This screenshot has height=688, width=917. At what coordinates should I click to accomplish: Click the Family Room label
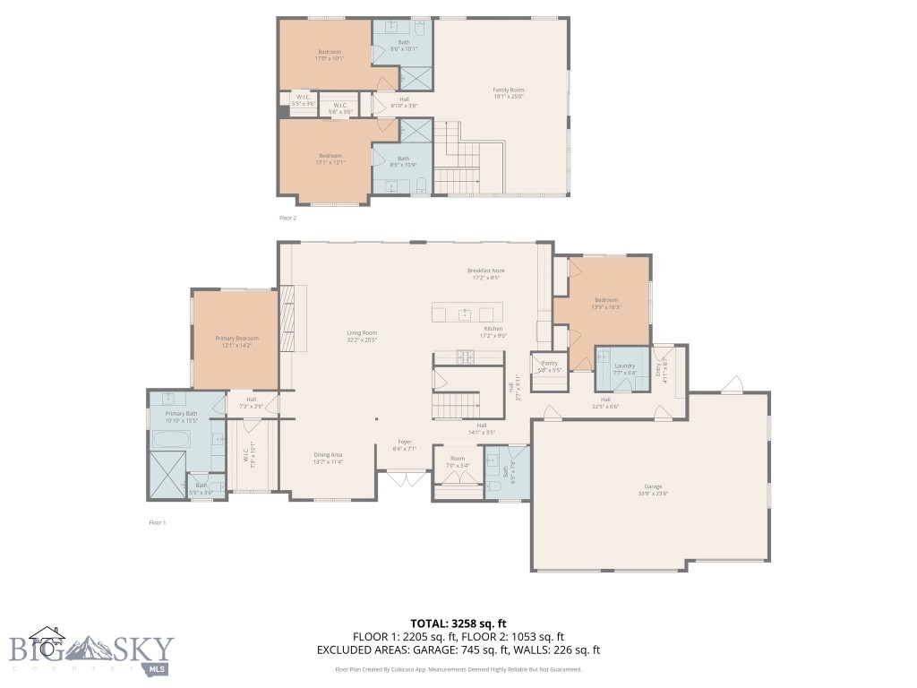pyautogui.click(x=508, y=90)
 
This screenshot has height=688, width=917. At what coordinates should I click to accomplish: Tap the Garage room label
pyautogui.click(x=651, y=485)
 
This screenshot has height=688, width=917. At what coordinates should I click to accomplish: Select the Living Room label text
pyautogui.click(x=362, y=333)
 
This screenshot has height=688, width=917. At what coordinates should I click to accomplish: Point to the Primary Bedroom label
pyautogui.click(x=236, y=338)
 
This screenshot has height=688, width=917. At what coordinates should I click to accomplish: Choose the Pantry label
pyautogui.click(x=549, y=363)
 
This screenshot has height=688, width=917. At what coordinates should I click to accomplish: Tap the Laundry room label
pyautogui.click(x=624, y=365)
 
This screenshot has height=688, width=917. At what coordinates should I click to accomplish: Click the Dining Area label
pyautogui.click(x=328, y=455)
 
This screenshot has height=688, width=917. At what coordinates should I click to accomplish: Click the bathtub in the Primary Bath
pyautogui.click(x=169, y=440)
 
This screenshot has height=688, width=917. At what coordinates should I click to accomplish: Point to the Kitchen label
pyautogui.click(x=494, y=329)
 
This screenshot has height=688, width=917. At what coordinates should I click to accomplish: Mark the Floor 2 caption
pyautogui.click(x=287, y=218)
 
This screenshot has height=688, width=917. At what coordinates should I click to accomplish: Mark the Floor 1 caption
pyautogui.click(x=158, y=521)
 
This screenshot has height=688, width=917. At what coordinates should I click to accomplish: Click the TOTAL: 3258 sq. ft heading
pyautogui.click(x=458, y=623)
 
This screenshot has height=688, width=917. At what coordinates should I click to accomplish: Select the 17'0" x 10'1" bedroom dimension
pyautogui.click(x=330, y=58)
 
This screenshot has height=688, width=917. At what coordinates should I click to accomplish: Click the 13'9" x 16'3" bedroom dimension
pyautogui.click(x=606, y=307)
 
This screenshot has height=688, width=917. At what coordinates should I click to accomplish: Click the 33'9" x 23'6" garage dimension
pyautogui.click(x=651, y=492)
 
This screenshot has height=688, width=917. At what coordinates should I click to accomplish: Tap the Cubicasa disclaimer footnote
pyautogui.click(x=458, y=669)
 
